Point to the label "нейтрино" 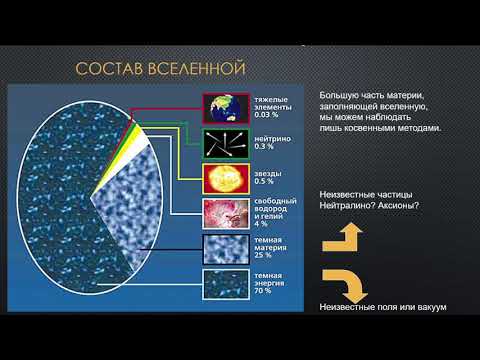[x=272, y=138]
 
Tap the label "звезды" [x=268, y=172]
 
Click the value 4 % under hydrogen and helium [x=262, y=222]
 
